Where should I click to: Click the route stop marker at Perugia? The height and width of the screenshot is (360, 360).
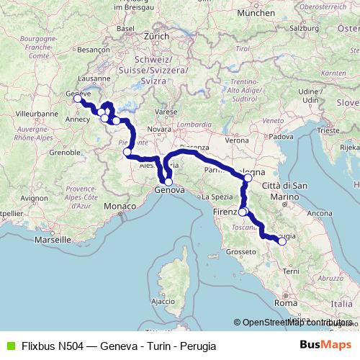click(282, 242)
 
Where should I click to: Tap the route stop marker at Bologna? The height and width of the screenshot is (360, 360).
click(248, 177)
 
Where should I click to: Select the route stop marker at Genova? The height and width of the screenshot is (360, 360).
click(168, 182)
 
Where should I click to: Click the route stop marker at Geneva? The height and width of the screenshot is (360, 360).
click(77, 99)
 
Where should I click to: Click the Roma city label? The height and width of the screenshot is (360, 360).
click(286, 304)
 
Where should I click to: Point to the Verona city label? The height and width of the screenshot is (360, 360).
click(239, 140)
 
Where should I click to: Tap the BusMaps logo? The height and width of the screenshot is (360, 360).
click(325, 346)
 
